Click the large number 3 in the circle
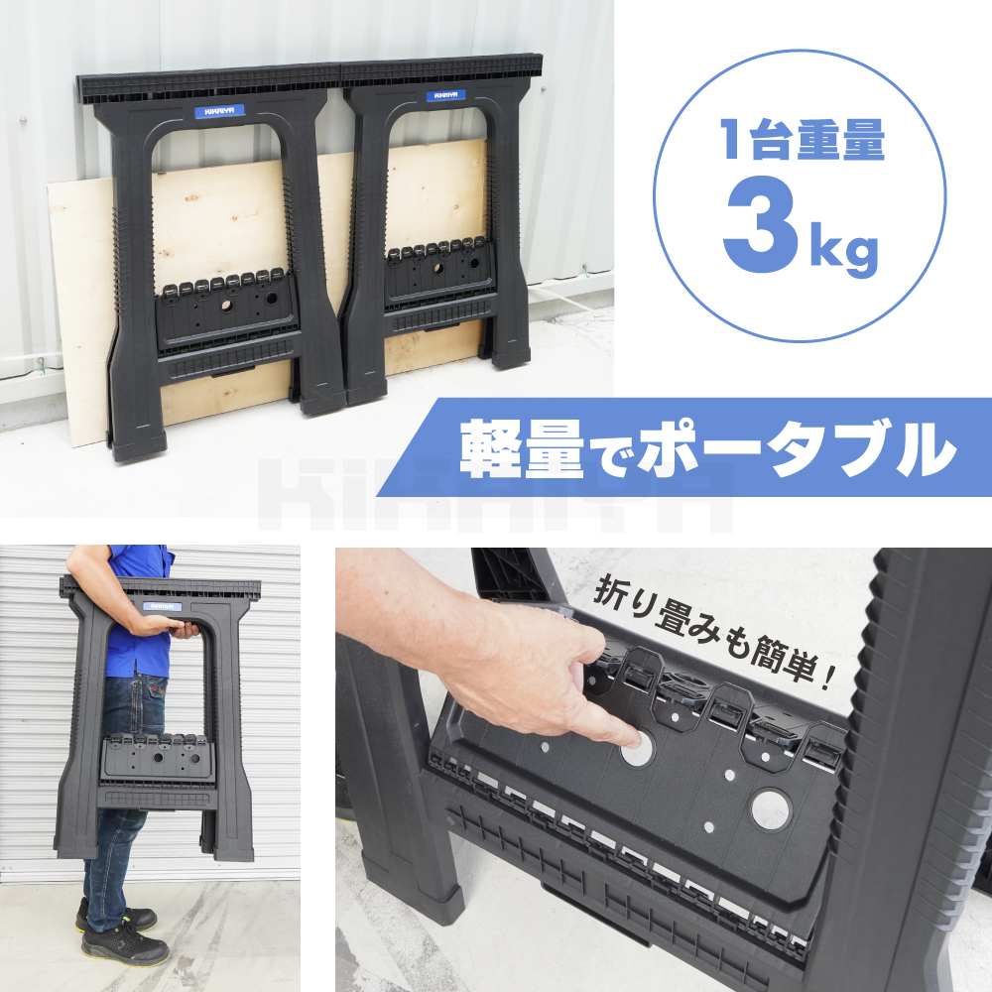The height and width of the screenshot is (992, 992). tap(761, 226)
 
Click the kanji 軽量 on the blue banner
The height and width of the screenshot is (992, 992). tap(522, 448)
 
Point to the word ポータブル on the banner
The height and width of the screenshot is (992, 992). tap(797, 448)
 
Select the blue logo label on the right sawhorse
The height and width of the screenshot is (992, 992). tap(445, 96)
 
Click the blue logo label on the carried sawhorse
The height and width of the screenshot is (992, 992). tap(162, 606)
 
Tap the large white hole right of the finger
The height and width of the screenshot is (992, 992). tap(771, 807)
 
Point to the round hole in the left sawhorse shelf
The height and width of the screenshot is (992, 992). tap(227, 307)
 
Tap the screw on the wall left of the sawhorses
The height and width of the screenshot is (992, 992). tap(23, 120)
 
